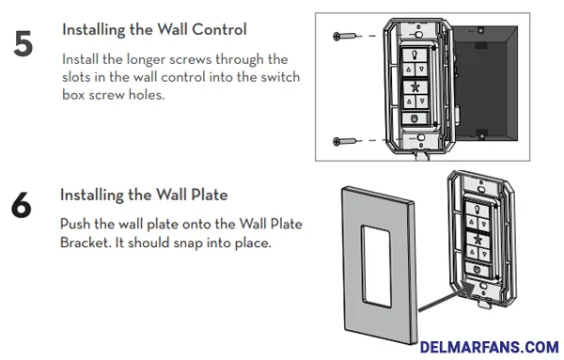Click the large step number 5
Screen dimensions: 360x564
[x=23, y=43]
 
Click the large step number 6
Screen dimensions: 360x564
[x=22, y=206]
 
